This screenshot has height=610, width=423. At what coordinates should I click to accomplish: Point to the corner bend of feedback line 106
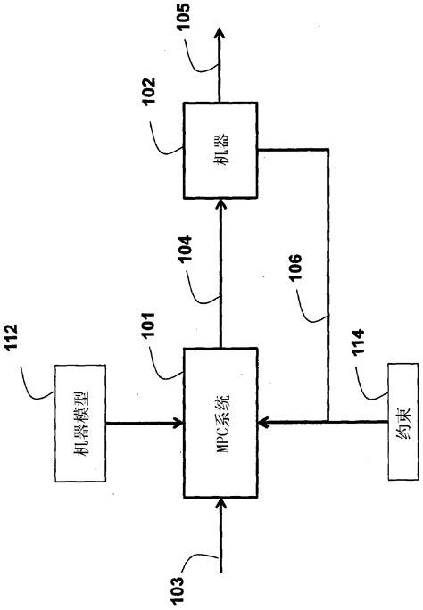coord(329,151)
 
